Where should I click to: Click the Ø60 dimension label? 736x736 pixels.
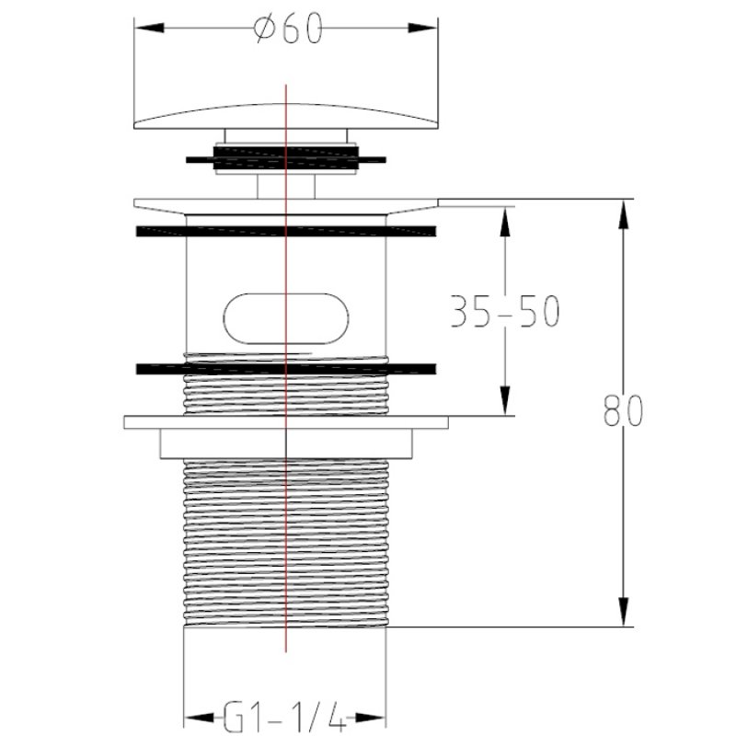click(x=288, y=29)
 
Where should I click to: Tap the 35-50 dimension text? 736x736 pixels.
click(x=504, y=311)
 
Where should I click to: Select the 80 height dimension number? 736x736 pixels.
click(x=623, y=410)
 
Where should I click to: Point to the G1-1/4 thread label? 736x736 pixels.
click(x=284, y=717)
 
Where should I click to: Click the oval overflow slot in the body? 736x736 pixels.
click(x=286, y=318)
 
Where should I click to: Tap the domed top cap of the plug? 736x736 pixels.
click(x=286, y=116)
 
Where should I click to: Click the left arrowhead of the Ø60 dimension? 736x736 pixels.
click(x=150, y=28)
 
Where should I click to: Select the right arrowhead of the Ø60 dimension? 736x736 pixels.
click(x=422, y=28)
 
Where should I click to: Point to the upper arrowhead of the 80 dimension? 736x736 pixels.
click(x=623, y=214)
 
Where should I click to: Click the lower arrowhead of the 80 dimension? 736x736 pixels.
click(x=623, y=611)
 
